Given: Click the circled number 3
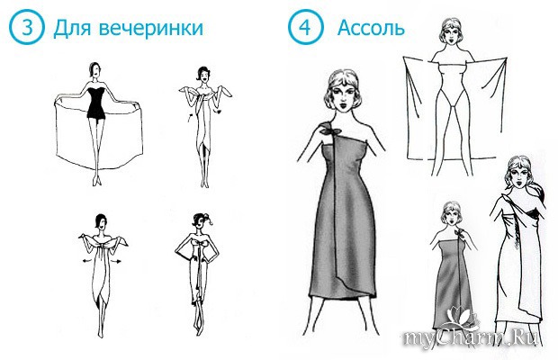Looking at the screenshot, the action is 27,27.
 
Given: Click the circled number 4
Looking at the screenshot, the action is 305,27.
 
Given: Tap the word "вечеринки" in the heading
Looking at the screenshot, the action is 151,28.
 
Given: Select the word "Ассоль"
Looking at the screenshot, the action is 371,28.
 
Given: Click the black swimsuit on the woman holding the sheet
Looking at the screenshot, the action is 95,101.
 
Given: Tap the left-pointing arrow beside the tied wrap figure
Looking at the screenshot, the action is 85,262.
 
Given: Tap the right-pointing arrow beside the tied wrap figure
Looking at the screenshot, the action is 117,262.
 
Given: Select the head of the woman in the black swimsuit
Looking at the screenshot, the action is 94,70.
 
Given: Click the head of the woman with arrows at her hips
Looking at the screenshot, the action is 101,222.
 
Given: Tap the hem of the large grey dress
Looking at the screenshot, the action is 342,295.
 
